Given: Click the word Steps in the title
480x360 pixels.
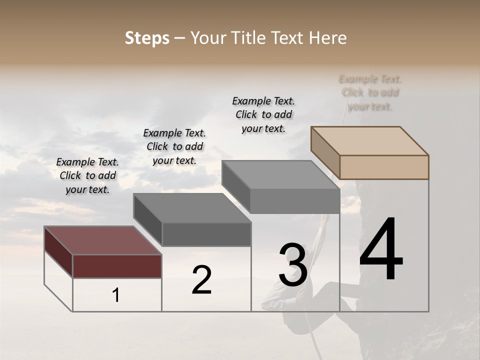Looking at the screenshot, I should coord(147,38).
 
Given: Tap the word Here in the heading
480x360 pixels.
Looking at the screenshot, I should coord(327,38).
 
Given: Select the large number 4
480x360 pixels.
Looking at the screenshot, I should coord(381,250).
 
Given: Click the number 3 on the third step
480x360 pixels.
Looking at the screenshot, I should coord(292,265).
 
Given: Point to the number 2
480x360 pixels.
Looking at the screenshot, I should coord(201,280).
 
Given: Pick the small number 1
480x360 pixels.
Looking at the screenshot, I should coord(116,295).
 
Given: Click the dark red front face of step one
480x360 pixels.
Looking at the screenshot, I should coord(117,266).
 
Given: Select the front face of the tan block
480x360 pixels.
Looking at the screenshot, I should coord(384,167).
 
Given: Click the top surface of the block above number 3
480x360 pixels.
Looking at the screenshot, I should coord(280,174).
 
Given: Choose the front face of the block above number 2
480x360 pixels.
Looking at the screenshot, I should coord(206,234).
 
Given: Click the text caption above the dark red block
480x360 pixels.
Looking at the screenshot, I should coord(87,175).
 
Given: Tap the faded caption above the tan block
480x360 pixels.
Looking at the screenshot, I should coord(370,92).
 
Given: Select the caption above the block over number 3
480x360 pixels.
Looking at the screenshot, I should coord(263,114).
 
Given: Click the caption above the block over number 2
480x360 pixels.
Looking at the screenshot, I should coord(174,146).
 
